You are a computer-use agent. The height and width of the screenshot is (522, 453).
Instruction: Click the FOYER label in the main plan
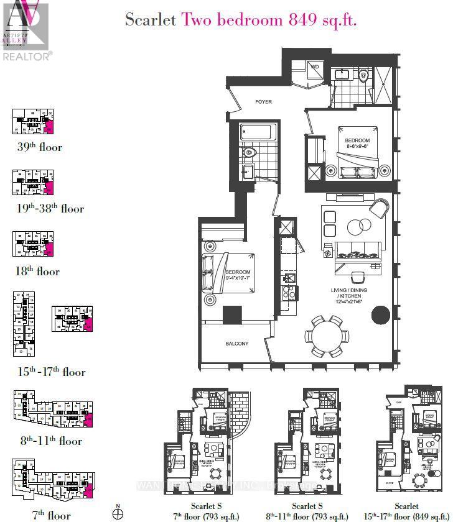click(263, 102)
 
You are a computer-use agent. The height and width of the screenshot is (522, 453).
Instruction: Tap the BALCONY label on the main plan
click(237, 344)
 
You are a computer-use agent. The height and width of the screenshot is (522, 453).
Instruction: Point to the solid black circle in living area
click(380, 315)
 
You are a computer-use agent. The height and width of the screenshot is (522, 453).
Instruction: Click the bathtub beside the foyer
click(258, 132)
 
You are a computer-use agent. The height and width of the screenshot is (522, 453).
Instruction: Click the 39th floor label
click(40, 147)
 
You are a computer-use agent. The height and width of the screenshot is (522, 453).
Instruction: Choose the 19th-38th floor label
click(50, 209)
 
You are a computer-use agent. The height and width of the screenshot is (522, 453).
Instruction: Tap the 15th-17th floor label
click(52, 372)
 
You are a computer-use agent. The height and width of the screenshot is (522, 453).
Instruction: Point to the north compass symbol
click(118, 513)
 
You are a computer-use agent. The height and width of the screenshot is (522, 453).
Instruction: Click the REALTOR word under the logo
click(27, 55)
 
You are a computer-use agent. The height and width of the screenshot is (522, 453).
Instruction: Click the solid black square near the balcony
click(233, 316)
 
